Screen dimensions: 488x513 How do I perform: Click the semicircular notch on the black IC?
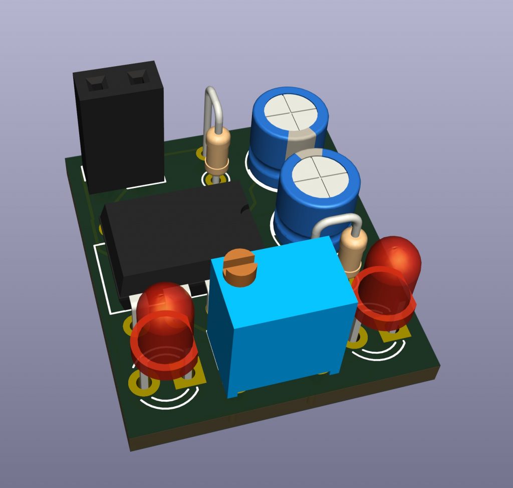(244, 210)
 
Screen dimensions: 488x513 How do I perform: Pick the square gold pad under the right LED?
(396, 332)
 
